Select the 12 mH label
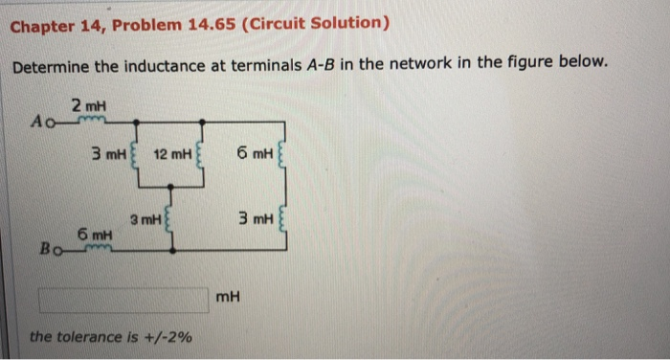pos(171,153)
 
